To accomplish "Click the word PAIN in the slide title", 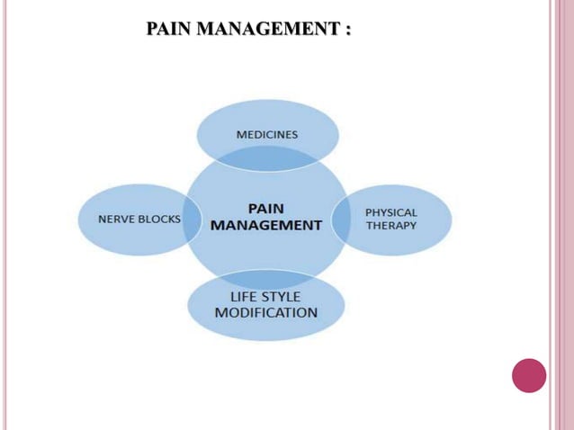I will tap(168, 29).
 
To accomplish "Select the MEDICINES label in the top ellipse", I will tap(267, 134).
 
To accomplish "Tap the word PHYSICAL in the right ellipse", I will tap(391, 212).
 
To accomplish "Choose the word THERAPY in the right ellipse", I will tap(391, 225).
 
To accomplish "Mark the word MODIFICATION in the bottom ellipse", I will tap(265, 312).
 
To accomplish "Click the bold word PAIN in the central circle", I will tap(265, 208).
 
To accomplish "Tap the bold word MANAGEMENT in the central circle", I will tap(265, 225).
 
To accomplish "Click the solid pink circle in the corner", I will tap(529, 375).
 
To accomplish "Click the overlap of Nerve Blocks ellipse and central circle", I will tap(192, 219).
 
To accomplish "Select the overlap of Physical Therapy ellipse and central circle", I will tap(340, 219).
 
